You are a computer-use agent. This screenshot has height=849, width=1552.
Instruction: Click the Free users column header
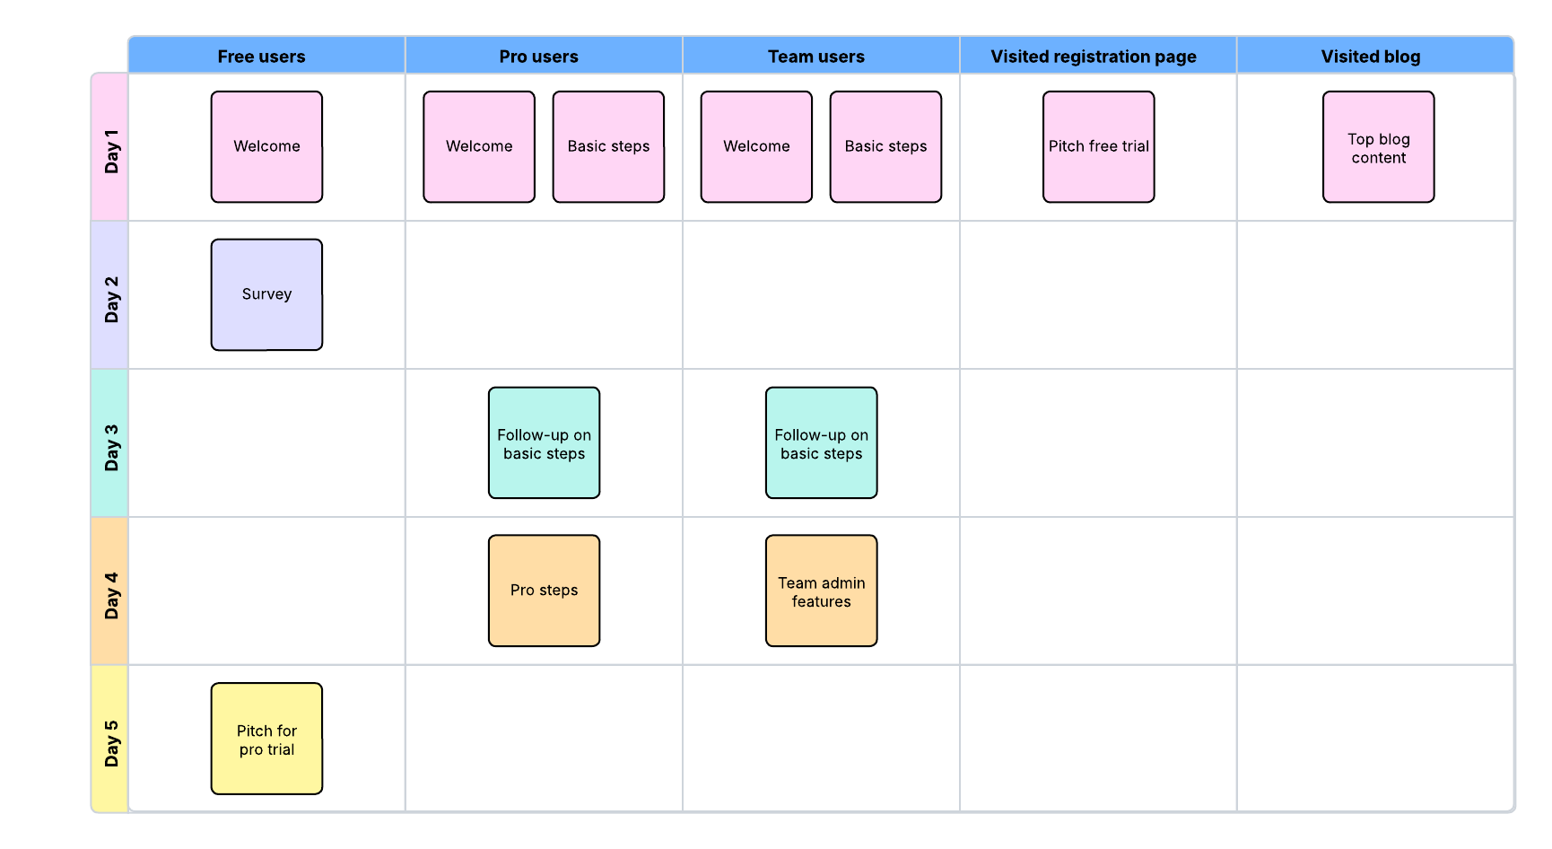tap(262, 57)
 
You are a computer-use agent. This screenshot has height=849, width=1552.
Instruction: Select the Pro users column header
tap(539, 57)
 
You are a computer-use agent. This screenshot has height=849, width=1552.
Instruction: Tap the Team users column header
tap(816, 57)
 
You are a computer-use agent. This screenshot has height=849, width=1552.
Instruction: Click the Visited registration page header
tap(1094, 57)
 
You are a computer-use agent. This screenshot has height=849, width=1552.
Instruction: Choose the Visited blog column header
tap(1371, 57)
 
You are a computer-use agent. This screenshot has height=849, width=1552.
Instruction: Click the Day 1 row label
tap(110, 148)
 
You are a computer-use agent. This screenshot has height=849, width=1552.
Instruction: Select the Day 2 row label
tap(110, 296)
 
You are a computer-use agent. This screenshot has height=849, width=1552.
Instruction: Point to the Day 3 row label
tap(110, 444)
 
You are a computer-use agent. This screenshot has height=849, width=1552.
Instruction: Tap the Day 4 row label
tap(110, 592)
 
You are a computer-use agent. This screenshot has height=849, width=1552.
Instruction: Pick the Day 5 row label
tap(110, 740)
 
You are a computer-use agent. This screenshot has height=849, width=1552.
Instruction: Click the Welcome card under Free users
tap(266, 147)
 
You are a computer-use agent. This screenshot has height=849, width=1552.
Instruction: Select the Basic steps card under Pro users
tap(608, 147)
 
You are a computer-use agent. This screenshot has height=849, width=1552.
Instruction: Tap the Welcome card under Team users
tap(756, 147)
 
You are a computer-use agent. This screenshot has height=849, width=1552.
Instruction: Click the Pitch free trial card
tap(1098, 147)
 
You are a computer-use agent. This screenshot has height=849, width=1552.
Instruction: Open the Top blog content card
tap(1378, 147)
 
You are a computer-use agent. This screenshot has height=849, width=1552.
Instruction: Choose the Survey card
tap(266, 294)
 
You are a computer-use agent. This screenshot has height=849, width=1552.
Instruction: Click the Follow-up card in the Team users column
tap(821, 443)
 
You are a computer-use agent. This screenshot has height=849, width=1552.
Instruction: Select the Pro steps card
tap(544, 591)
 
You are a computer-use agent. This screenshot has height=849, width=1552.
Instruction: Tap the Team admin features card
tap(821, 591)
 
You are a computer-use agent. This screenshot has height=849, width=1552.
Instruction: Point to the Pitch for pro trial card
tap(266, 739)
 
